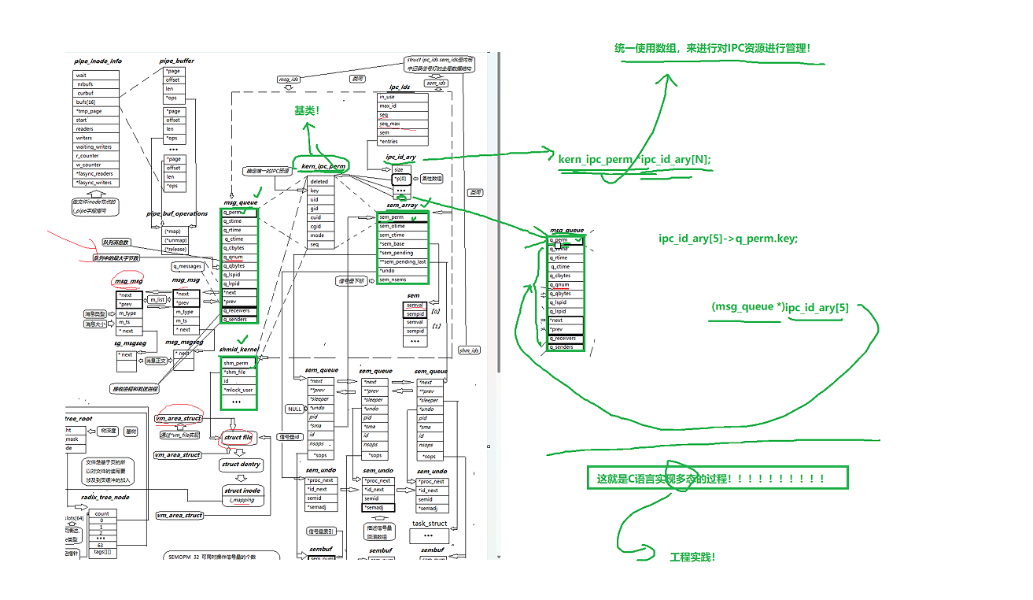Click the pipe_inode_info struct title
98,61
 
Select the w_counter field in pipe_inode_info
88,165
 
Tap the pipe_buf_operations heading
177,213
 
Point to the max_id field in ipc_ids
389,106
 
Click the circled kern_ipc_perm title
323,166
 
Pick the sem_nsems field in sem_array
393,280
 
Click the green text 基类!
307,111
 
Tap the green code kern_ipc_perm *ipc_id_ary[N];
634,160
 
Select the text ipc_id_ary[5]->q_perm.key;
728,238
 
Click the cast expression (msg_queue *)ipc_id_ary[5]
780,307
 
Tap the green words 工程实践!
692,557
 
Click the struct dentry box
241,465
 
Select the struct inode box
242,494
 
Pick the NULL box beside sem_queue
294,409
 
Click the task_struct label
430,523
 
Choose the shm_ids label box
470,350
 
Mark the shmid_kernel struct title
238,350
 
